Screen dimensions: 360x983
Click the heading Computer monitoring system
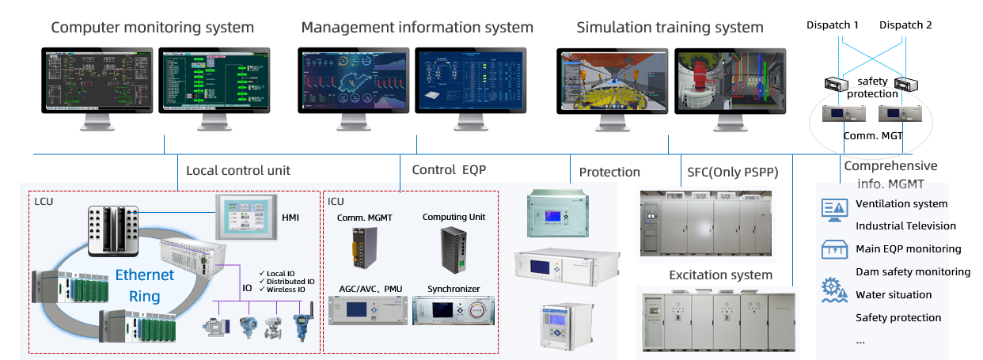pyautogui.click(x=152, y=28)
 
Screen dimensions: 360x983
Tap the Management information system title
pyautogui.click(x=417, y=28)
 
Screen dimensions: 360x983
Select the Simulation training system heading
pyautogui.click(x=670, y=28)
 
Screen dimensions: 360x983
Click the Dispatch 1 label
pyautogui.click(x=832, y=25)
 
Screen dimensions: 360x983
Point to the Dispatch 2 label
pyautogui.click(x=905, y=25)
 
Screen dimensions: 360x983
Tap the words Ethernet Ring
pyautogui.click(x=145, y=286)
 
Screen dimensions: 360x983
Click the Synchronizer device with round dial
pyautogui.click(x=454, y=309)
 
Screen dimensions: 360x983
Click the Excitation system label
pyautogui.click(x=719, y=275)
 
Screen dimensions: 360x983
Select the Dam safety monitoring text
pyautogui.click(x=913, y=271)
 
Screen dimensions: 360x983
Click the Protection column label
pyautogui.click(x=609, y=172)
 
